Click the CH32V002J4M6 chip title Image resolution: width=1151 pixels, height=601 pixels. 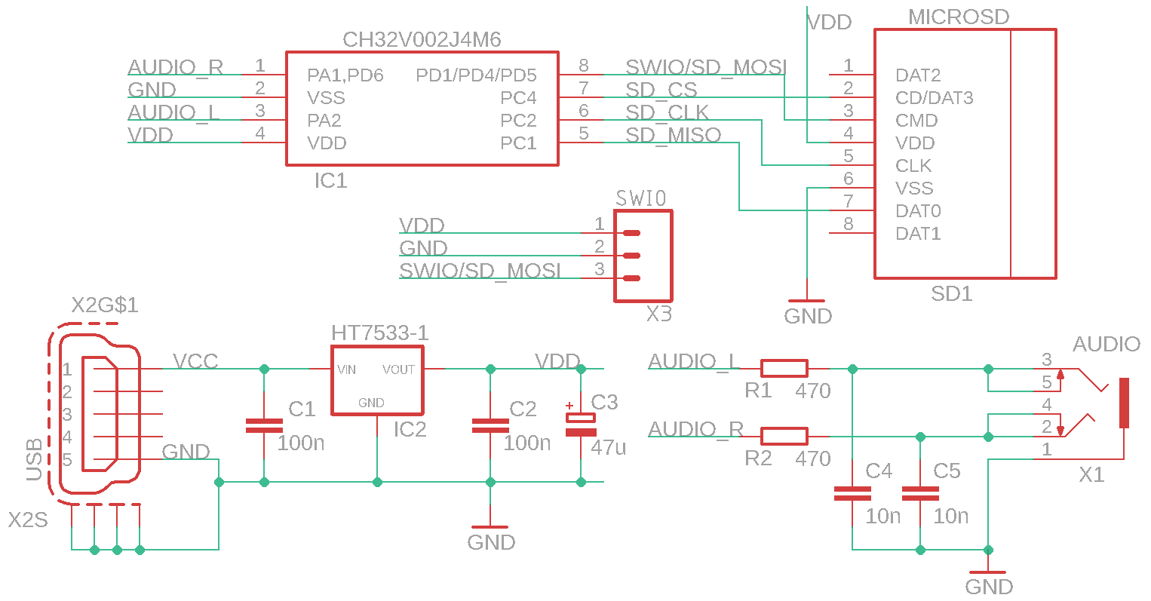pos(422,39)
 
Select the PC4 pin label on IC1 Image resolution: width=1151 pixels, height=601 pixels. pos(518,98)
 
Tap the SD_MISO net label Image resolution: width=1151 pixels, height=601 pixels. pos(673,135)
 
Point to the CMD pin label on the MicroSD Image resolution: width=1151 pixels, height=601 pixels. pos(916,121)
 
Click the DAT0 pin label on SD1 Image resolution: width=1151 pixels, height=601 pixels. pos(918,211)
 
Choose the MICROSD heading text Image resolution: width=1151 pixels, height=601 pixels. pos(958,17)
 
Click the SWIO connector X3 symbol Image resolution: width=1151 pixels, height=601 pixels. pos(643,256)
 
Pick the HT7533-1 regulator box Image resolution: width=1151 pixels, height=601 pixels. pos(377,380)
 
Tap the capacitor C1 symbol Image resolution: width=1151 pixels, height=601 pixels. pos(264,426)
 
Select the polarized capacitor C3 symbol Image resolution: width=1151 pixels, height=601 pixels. pos(581,425)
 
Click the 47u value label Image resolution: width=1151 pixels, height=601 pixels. pos(608,447)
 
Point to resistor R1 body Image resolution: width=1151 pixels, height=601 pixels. pos(784,369)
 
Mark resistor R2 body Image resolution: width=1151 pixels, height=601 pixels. pos(784,437)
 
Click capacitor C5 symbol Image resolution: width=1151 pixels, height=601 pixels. pos(920,494)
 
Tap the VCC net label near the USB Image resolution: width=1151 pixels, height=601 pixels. pos(195,361)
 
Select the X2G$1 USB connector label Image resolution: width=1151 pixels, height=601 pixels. pos(105,305)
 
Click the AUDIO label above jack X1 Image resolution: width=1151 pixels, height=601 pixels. pos(1106,345)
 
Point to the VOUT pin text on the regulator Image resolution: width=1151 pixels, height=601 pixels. pos(398,369)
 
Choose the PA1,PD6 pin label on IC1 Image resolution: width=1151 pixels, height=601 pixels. pos(345,75)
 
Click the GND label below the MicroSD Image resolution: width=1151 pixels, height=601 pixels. pos(808,316)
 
